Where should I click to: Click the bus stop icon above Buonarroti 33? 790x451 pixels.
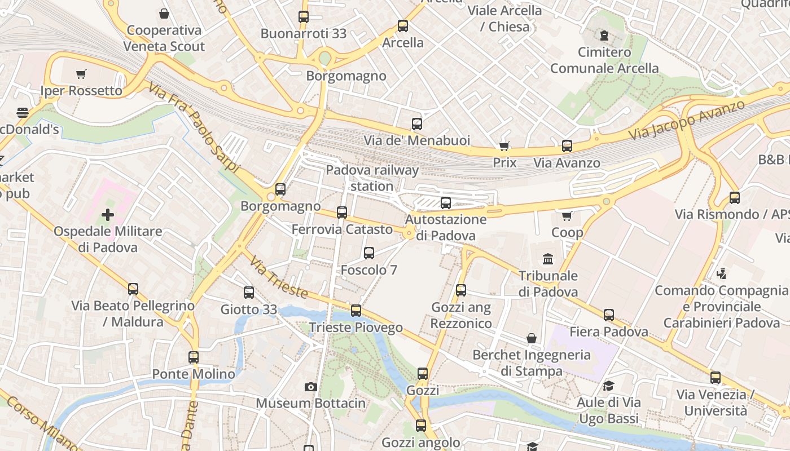[x=304, y=17]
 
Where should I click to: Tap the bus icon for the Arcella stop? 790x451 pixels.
[x=402, y=26]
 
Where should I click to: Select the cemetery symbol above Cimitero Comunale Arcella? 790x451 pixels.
[x=604, y=36]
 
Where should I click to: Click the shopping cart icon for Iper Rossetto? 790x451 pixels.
[x=81, y=74]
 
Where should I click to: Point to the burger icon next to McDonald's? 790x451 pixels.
[x=23, y=113]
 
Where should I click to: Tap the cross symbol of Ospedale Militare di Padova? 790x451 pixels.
[x=107, y=215]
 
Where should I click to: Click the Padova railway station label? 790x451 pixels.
[x=372, y=178]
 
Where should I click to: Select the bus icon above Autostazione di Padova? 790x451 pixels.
[x=446, y=203]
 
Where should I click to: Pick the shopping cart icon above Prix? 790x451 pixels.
[x=504, y=147]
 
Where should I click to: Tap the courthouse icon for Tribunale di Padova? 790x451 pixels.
[x=548, y=259]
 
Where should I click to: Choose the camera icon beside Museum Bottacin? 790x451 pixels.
[x=310, y=387]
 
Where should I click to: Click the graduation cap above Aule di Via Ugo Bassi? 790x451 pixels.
[x=608, y=386]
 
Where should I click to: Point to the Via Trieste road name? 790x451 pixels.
[x=279, y=278]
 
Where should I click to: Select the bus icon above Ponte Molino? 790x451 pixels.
[x=194, y=357]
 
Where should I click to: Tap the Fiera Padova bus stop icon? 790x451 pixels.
[x=608, y=315]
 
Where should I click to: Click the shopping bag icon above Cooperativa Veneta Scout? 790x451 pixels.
[x=164, y=14]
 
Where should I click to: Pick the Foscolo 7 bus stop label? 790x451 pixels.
[x=369, y=270]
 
